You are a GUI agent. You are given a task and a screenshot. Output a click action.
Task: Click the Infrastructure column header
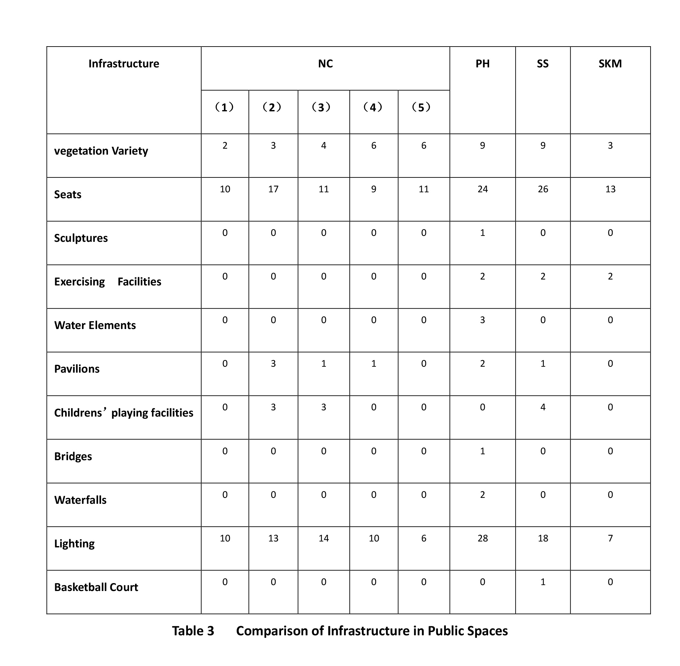coord(124,64)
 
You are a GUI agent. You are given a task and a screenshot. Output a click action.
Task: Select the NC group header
coord(325,64)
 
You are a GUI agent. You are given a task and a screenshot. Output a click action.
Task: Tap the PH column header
coord(483,64)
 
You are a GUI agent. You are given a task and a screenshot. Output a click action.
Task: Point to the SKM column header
coord(610,64)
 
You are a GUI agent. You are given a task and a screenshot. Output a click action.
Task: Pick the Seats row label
coord(67,195)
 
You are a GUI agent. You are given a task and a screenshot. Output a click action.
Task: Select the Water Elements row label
coord(95,325)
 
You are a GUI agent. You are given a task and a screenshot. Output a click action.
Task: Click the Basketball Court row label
coord(96,587)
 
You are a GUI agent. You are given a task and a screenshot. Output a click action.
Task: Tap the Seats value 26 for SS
coord(543,189)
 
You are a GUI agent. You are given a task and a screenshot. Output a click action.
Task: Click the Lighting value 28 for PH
coord(483,538)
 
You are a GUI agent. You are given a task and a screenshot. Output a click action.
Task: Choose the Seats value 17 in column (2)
coord(273,189)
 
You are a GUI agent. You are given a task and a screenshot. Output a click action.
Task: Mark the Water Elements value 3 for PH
coord(483,320)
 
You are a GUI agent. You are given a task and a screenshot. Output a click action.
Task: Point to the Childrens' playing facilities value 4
coord(543,407)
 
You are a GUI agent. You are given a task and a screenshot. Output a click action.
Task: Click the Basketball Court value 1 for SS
coord(543,582)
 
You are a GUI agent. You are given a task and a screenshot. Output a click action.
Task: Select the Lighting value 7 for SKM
coord(610,538)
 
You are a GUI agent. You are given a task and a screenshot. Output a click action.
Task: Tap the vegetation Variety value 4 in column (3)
coord(323,145)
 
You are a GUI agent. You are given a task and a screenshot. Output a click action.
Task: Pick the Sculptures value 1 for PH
coord(483,233)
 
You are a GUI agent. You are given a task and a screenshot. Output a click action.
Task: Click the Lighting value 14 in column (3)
coord(323,538)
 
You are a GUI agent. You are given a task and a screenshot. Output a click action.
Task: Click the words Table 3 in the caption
coord(193,631)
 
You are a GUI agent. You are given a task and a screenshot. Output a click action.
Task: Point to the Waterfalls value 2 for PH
coord(483,495)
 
